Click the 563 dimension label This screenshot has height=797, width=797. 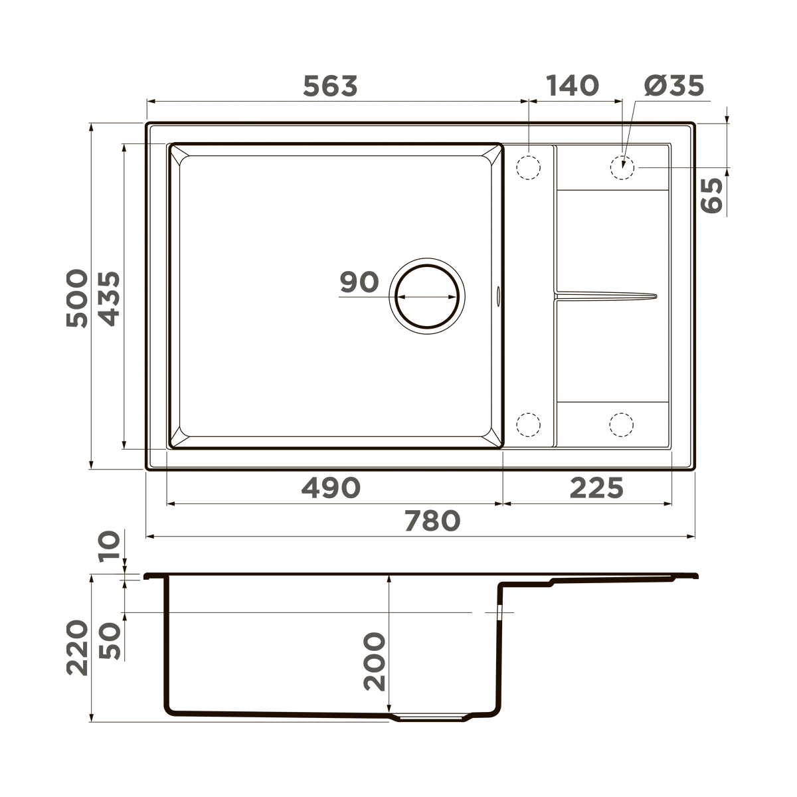[x=330, y=86]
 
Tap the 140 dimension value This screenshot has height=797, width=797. [x=572, y=86]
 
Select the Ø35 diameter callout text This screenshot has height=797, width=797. [x=673, y=86]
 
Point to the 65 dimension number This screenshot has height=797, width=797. [x=711, y=195]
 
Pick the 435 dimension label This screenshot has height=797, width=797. [x=109, y=298]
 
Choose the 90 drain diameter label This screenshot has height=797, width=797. [x=359, y=282]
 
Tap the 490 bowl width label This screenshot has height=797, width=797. [x=331, y=488]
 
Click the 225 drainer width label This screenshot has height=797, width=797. [x=596, y=488]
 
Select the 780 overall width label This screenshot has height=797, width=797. [x=432, y=521]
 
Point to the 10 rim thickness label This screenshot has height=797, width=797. [x=110, y=547]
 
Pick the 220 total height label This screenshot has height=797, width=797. [x=77, y=648]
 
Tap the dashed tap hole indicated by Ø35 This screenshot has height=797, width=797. [x=622, y=167]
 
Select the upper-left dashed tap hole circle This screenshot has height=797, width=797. [x=529, y=167]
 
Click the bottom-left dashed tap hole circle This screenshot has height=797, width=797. [x=529, y=424]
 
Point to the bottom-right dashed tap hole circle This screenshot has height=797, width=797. [x=622, y=424]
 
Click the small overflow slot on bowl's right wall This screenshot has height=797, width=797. [x=498, y=294]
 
